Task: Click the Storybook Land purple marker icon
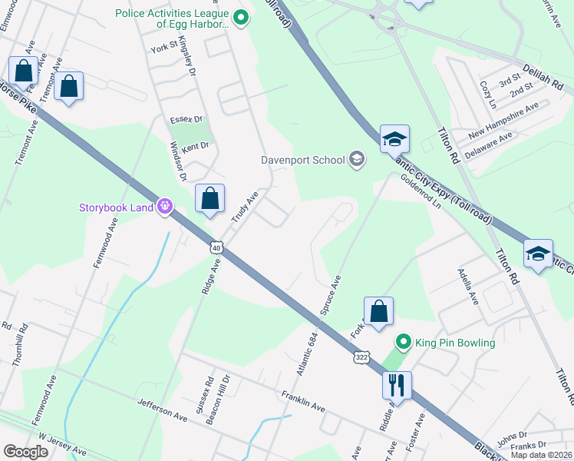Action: point(163,206)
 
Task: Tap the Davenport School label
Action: point(302,161)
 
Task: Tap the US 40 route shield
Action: point(217,247)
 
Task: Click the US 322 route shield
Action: point(361,357)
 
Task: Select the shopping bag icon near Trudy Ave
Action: point(209,199)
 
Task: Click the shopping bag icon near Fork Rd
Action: point(378,311)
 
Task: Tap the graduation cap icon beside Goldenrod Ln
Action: point(394,139)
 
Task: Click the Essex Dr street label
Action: point(186,119)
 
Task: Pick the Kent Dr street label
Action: point(195,144)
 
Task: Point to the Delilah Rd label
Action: point(543,75)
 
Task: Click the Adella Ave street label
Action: point(468,287)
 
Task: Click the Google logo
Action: point(25,452)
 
